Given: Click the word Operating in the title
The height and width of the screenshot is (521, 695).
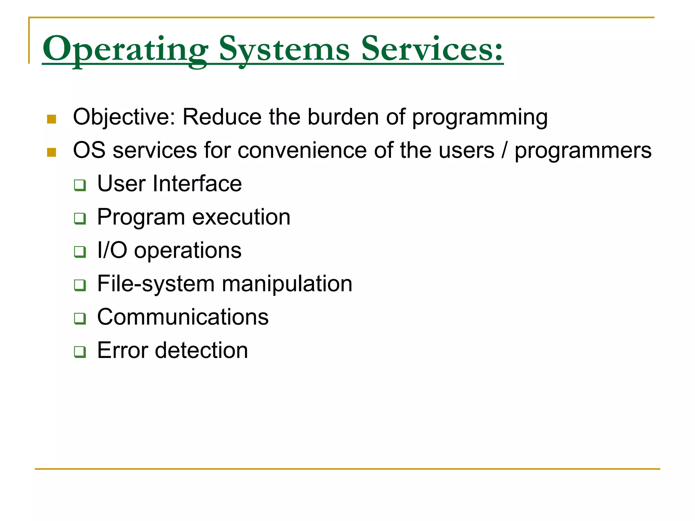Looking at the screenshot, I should pos(125,49).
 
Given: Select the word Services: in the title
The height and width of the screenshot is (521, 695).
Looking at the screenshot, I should pos(432,49).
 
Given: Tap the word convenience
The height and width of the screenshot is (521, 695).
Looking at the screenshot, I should pos(302,150).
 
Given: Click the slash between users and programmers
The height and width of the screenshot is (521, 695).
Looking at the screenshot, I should pos(505,150).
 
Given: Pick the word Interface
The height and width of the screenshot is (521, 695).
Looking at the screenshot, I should pos(197,184).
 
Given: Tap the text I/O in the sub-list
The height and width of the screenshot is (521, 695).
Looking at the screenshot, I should pos(112,250).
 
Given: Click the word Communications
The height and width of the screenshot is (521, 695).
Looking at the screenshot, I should pos(183,317).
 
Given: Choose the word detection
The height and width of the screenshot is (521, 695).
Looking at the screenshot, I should pos(201,350).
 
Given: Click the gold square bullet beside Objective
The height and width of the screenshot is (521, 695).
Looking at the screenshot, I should pos(52,119).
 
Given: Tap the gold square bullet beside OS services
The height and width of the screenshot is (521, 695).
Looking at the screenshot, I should pos(52,152).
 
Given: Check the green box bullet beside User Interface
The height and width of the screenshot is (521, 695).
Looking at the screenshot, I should pos(80,185).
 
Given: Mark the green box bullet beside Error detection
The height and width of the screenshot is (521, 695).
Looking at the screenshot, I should pos(80,352).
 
